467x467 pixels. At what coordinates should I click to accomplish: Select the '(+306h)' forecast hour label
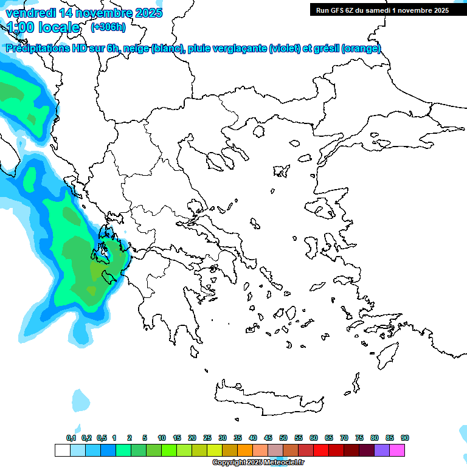pyautogui.click(x=108, y=27)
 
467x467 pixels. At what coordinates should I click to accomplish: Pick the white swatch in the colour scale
pyautogui.click(x=62, y=451)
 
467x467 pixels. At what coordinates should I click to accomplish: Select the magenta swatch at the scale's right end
pyautogui.click(x=397, y=451)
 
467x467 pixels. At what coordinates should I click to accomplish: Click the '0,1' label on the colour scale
pyautogui.click(x=71, y=438)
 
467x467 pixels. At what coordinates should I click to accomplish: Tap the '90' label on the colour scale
pyautogui.click(x=405, y=438)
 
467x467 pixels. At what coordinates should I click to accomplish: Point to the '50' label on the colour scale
pyautogui.click(x=283, y=438)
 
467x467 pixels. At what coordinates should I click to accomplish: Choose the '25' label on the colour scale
pyautogui.click(x=207, y=438)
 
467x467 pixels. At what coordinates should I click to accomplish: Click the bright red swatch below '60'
pyautogui.click(x=321, y=451)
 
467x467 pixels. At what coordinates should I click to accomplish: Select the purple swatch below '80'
pyautogui.click(x=382, y=451)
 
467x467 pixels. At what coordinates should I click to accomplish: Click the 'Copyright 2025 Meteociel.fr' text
pyautogui.click(x=258, y=463)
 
